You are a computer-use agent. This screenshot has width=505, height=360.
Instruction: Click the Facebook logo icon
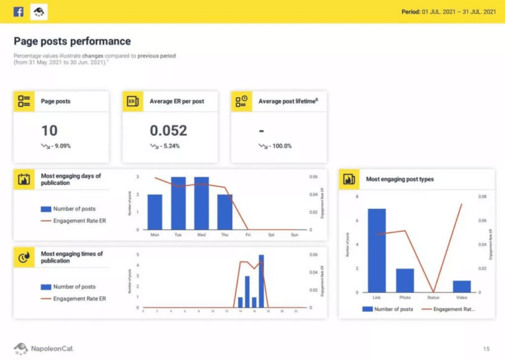[18, 11]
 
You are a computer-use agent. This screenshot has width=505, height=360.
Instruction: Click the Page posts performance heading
[72, 41]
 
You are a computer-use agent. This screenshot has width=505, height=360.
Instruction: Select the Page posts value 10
[49, 130]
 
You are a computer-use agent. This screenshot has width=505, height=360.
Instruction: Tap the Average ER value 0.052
[168, 130]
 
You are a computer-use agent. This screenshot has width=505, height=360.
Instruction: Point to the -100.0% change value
[279, 146]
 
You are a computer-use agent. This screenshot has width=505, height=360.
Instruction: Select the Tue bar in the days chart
[178, 203]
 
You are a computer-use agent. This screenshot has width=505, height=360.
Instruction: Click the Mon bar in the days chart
[155, 212]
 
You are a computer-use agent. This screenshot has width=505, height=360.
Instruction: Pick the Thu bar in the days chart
[225, 212]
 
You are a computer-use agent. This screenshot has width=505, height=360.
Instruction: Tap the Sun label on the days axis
[294, 235]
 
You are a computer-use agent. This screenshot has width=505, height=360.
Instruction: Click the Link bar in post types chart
[377, 250]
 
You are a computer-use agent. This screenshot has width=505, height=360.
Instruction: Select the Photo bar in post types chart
[405, 281]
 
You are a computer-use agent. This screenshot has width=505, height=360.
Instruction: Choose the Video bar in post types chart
[462, 286]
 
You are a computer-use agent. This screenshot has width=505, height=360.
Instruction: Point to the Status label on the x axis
[433, 298]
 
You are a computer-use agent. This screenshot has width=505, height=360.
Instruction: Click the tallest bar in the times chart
[261, 281]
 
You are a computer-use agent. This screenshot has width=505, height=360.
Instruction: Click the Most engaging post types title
[400, 179]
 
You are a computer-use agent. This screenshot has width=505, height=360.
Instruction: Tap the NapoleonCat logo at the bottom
[43, 348]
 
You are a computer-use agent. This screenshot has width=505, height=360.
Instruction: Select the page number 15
[487, 348]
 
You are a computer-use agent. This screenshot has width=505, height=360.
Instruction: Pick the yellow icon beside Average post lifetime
[242, 101]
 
